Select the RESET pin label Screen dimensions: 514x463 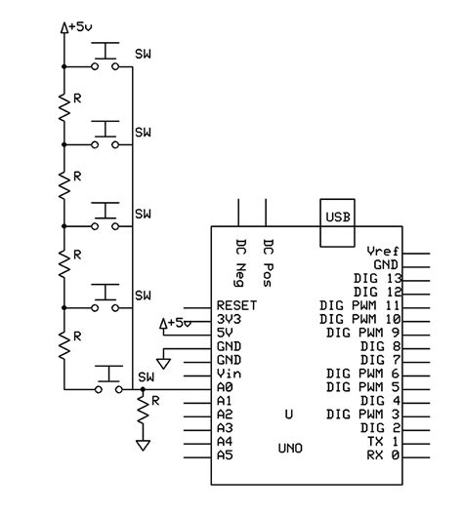tap(235, 305)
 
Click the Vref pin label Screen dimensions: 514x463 tap(382, 251)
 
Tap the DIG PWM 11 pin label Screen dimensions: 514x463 tap(358, 305)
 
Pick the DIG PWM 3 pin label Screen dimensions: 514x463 tap(362, 415)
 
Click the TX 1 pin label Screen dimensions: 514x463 tap(382, 442)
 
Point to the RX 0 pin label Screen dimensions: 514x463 tap(382, 455)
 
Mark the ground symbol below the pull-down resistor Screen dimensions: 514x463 tap(144, 445)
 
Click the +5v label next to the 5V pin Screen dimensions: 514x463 tap(176, 323)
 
